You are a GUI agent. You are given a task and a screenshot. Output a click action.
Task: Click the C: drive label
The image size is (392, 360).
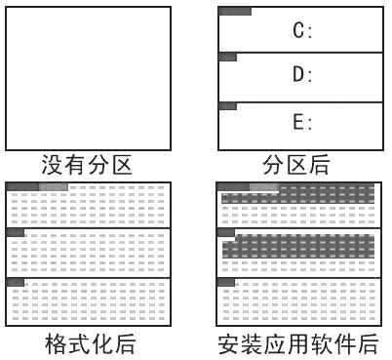coord(302,30)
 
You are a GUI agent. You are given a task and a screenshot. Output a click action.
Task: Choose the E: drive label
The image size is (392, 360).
coord(302,122)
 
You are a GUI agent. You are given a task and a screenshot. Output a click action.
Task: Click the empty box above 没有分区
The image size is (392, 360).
coord(89,75)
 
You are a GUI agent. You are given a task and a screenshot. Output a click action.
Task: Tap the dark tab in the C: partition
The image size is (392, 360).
coord(235,12)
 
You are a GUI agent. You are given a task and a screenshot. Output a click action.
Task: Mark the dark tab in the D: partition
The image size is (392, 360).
coord(227,58)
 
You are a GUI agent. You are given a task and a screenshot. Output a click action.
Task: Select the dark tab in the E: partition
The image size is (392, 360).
coord(227,105)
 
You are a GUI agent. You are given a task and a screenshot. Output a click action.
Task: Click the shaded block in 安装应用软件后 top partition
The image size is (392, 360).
coord(298,199)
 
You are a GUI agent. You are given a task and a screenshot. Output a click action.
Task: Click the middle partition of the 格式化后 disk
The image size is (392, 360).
coord(89,254)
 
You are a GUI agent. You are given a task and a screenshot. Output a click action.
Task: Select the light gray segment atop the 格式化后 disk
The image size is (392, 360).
coord(54,185)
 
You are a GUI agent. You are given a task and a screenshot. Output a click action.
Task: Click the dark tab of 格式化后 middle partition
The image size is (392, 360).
coord(16,232)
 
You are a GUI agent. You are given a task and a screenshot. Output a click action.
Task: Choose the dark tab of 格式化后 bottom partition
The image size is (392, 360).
coord(16,282)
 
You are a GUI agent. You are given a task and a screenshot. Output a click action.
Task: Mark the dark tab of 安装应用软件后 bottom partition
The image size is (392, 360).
coord(226,282)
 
